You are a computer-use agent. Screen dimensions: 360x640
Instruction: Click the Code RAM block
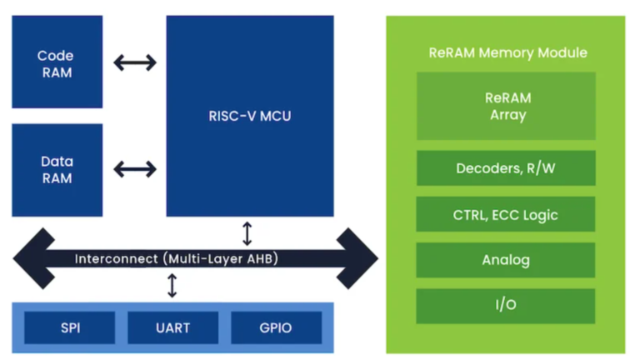point(56,63)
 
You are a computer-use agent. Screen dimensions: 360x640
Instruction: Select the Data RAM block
point(56,169)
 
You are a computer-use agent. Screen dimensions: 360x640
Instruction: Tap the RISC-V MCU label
point(249,116)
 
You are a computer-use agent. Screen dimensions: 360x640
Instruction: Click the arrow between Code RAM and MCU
point(134,62)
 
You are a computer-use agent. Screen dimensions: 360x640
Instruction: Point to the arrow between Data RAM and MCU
point(134,169)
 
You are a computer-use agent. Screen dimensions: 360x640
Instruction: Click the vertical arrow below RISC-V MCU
point(247,232)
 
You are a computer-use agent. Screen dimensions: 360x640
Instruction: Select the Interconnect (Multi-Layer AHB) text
point(176,258)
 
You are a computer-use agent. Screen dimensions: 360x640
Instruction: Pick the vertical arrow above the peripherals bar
point(172,286)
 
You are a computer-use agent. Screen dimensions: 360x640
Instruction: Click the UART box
point(172,327)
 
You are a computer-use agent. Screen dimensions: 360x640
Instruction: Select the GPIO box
point(275,327)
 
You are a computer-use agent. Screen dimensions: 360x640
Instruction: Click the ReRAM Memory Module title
point(507,52)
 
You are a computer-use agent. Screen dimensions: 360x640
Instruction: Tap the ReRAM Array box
point(507,106)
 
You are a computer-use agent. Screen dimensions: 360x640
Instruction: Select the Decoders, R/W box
point(507,168)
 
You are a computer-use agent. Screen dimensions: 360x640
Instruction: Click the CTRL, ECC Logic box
point(507,214)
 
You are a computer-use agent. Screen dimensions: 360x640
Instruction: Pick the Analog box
point(507,260)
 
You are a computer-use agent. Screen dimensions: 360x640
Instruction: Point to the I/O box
point(507,305)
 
